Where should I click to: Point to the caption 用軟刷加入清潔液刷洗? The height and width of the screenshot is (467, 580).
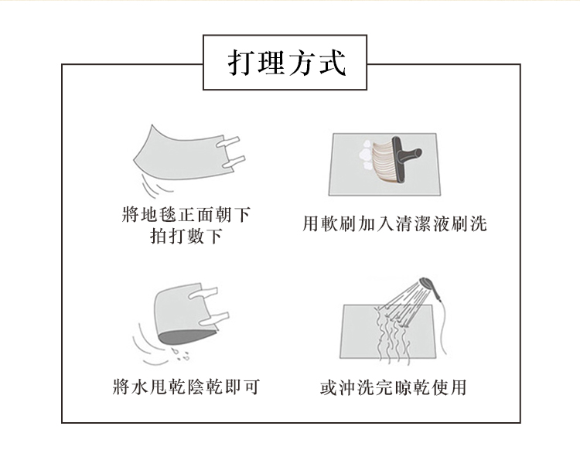[394, 225]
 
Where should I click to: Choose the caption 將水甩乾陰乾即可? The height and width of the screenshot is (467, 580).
[186, 386]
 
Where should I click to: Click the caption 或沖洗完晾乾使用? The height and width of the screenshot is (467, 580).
[394, 386]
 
